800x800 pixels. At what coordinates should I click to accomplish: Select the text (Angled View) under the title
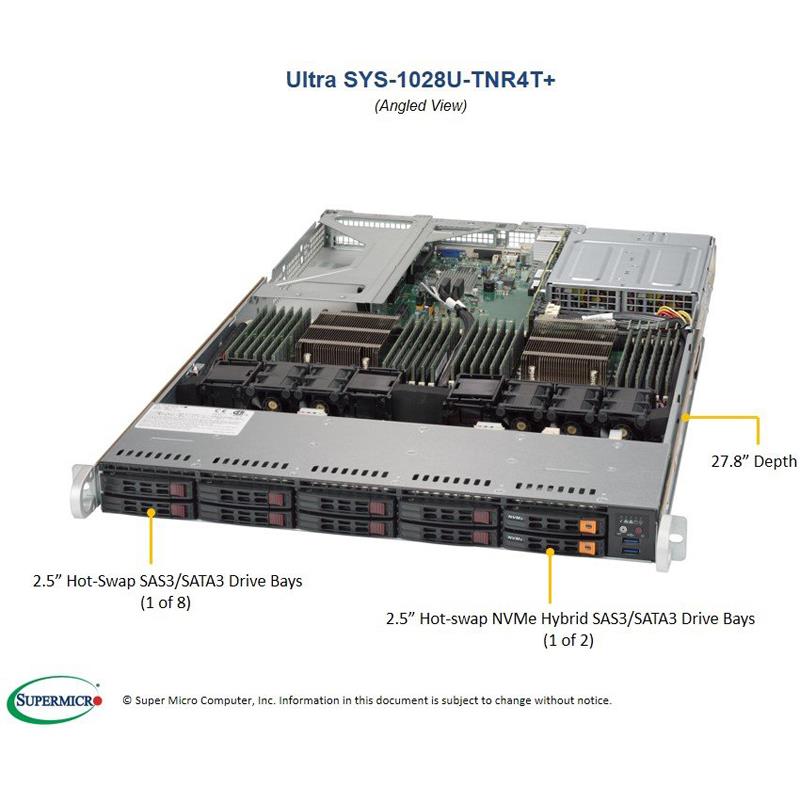click(420, 105)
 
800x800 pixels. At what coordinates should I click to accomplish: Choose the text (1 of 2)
click(568, 640)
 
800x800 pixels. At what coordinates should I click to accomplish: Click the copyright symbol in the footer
click(127, 701)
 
